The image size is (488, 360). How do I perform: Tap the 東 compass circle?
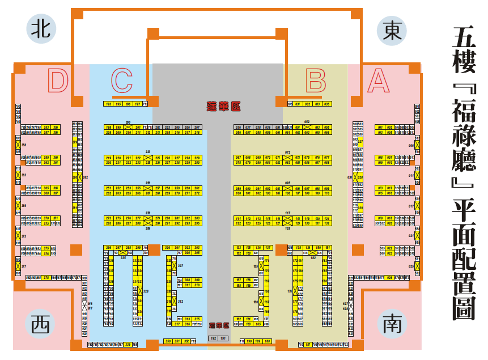point(392,30)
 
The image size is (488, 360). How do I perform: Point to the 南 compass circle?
point(392,324)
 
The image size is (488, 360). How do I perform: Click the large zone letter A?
point(379,81)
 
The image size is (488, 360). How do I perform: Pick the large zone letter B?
point(316,81)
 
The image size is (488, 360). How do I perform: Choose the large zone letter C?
point(122,81)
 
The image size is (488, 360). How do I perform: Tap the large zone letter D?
point(58,81)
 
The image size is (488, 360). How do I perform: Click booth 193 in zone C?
point(108,104)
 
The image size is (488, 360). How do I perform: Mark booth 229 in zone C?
point(197,158)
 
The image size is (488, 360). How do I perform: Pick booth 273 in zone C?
point(108,218)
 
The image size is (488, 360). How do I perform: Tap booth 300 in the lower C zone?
point(168,248)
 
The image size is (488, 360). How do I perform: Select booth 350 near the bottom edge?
point(168,341)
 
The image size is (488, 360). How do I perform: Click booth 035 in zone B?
point(326,104)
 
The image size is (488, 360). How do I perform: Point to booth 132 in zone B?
point(326,223)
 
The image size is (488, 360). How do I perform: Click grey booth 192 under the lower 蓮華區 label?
point(213,338)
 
